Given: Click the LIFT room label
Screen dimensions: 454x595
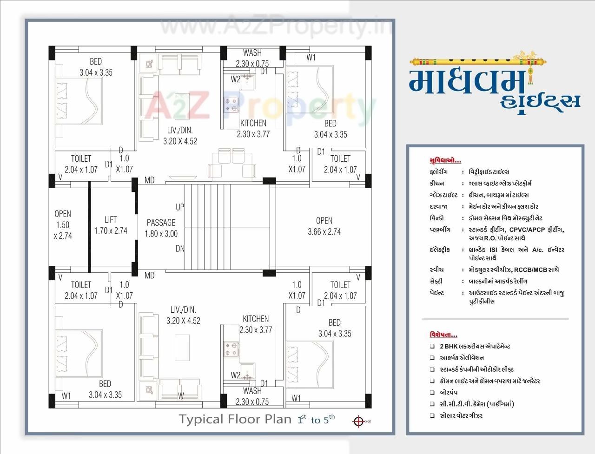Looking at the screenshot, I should (110, 220).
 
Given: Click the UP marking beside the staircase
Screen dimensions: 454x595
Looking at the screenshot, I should (180, 207).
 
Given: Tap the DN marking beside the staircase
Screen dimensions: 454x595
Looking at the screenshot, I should (180, 249).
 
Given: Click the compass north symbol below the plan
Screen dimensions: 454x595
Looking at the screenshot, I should (358, 421).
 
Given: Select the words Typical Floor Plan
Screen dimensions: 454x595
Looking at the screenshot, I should (235, 419).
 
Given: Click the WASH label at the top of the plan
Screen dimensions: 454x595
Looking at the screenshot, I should (252, 53).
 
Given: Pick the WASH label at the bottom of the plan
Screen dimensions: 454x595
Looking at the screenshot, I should (252, 391).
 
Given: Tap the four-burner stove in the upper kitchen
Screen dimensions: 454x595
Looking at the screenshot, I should (231, 105).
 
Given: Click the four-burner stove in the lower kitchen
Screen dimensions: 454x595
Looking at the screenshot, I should (231, 349).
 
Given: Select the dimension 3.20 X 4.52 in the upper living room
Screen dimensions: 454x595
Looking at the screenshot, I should (180, 141).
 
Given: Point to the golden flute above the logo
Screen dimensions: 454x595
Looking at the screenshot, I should (479, 59).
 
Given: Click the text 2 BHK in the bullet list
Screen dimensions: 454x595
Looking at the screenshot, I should (448, 346).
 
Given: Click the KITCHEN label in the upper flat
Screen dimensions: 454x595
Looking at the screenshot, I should (253, 123).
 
